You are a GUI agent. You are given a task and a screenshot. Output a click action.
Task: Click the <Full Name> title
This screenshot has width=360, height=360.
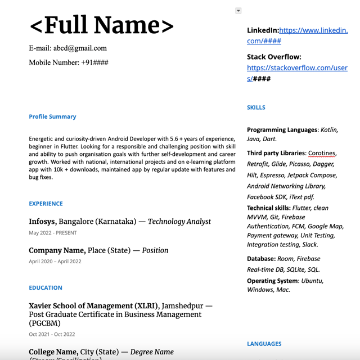[102, 25]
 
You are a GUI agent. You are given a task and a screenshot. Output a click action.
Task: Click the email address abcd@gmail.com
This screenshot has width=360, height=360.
[80, 48]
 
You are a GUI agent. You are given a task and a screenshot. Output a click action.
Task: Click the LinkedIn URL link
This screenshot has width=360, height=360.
[313, 30]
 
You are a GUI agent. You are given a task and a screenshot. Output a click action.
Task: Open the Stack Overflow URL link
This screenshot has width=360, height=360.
[297, 68]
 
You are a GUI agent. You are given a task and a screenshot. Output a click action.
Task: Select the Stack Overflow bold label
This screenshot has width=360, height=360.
[274, 57]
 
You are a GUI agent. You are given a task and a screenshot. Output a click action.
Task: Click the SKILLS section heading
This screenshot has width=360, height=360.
[256, 107]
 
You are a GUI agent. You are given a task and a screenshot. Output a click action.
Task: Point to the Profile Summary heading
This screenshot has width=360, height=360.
[52, 117]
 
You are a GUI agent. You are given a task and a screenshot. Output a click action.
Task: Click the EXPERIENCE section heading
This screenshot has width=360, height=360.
[46, 204]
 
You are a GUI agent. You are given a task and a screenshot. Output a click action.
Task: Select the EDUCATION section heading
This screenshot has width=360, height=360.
[46, 287]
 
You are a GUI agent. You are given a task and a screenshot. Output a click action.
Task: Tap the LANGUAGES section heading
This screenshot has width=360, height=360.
[264, 344]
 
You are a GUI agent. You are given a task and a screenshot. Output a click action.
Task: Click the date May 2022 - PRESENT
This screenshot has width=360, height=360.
[53, 233]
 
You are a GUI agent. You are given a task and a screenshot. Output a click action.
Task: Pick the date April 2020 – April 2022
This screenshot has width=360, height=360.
[55, 261]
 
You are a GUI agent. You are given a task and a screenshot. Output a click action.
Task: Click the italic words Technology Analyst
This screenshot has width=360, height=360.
[179, 222]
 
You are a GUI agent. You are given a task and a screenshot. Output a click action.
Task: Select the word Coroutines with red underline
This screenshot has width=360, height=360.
[322, 153]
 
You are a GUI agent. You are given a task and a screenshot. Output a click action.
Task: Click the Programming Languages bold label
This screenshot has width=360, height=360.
[282, 130]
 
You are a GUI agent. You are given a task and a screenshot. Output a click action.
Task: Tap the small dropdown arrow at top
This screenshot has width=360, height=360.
[238, 11]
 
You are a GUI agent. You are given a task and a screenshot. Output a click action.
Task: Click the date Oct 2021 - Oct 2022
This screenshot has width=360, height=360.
[52, 334]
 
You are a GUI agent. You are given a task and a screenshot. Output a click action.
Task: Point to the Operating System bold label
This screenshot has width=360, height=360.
[272, 281]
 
